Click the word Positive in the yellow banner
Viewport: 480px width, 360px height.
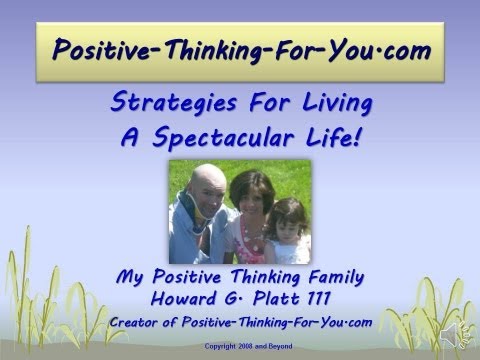95,47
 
